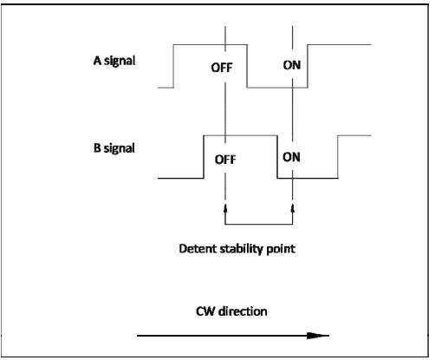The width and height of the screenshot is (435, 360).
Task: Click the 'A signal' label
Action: [x=114, y=61]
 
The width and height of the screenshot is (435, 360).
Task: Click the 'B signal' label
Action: [x=114, y=148]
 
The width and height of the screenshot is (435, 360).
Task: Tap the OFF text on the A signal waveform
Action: [x=222, y=68]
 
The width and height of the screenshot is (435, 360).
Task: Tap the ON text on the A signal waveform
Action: [x=292, y=65]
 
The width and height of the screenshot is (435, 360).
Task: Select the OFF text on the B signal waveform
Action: [x=225, y=160]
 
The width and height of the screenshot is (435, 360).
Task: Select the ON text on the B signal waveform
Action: [x=291, y=157]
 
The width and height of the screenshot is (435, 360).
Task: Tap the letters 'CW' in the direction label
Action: [x=205, y=311]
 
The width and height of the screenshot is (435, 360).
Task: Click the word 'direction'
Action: [x=243, y=311]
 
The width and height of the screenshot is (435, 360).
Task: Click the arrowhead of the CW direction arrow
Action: [x=318, y=336]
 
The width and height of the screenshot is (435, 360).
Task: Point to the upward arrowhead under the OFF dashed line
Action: [x=225, y=208]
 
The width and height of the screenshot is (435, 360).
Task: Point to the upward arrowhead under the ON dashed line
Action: [x=293, y=208]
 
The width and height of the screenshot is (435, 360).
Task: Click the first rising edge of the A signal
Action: [x=173, y=66]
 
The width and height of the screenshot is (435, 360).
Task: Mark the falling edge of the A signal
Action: [x=247, y=66]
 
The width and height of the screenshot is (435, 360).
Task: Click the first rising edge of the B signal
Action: [x=204, y=157]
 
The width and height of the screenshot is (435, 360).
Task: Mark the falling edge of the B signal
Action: [x=277, y=157]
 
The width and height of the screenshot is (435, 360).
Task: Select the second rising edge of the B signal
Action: [x=338, y=157]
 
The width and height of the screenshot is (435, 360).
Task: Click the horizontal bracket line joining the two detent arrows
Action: [x=259, y=224]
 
